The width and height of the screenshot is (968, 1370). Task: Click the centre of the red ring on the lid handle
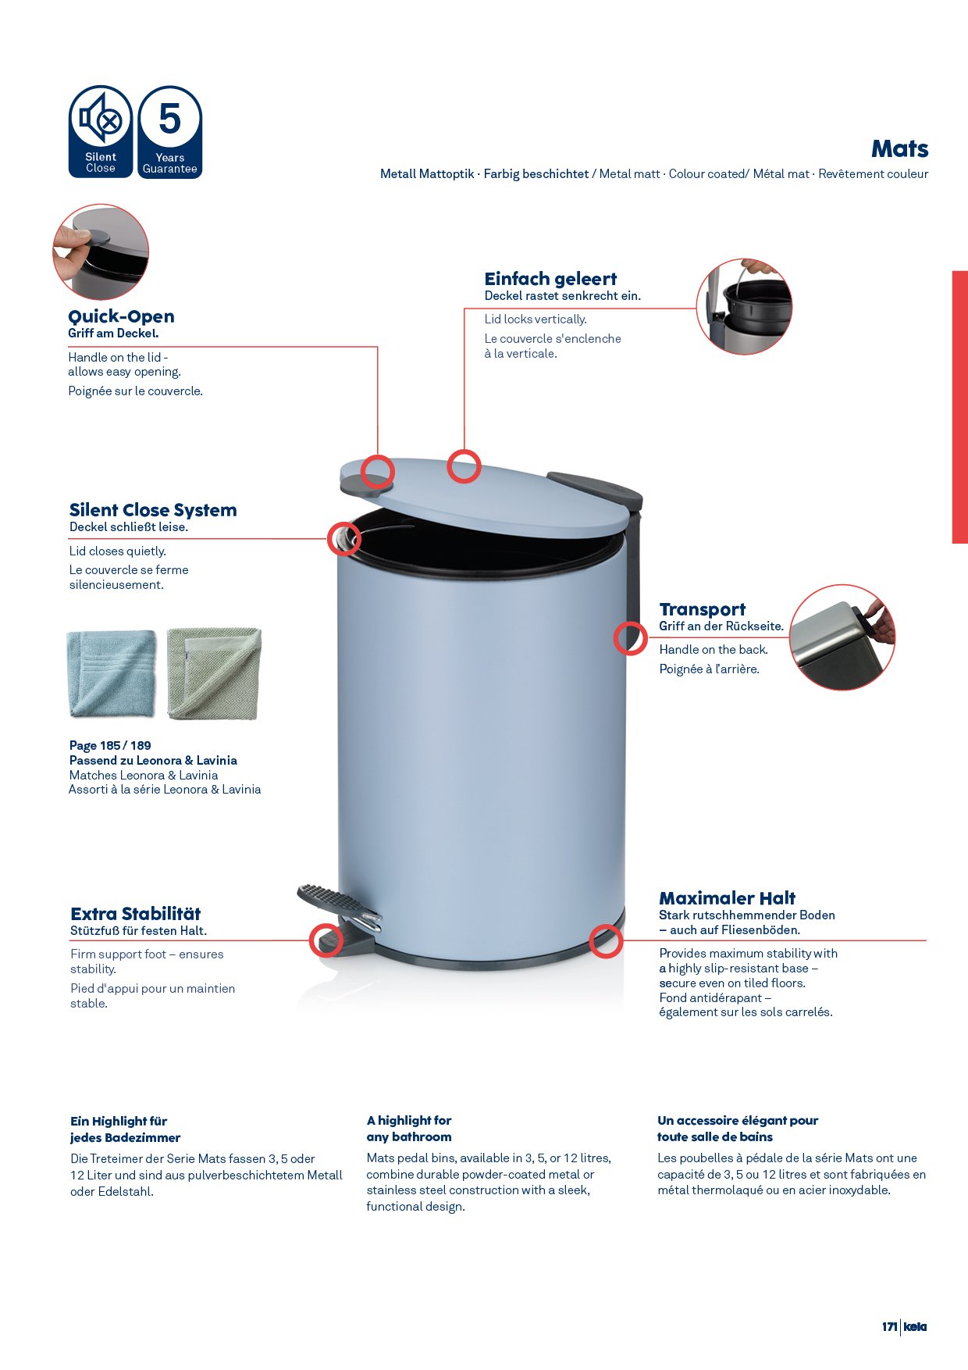coord(377,472)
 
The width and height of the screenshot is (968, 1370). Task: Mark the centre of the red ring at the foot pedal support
coord(326,940)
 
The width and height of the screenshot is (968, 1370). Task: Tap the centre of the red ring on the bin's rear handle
coord(630,637)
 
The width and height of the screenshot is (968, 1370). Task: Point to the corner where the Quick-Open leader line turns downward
coord(378,347)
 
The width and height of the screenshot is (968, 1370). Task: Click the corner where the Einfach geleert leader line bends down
coord(464,309)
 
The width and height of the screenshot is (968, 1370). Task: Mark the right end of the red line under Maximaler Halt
coord(927,940)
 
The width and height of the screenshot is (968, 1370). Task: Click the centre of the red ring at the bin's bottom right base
coord(606,941)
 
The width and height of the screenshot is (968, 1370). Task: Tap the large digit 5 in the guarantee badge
coord(169,119)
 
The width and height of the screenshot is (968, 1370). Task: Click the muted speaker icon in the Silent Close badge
coord(101,120)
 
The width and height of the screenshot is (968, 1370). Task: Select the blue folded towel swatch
coord(112,674)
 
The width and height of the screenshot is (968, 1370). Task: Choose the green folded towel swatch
coord(214,673)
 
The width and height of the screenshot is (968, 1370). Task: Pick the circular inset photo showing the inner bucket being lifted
coord(744,306)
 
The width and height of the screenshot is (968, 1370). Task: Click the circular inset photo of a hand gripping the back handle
coord(842,637)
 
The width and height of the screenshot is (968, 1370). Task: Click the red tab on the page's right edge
coord(960,407)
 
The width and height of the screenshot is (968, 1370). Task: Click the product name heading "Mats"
coord(899,148)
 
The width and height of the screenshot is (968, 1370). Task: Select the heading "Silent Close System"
coord(153,510)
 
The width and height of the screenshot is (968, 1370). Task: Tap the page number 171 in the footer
coord(890,1326)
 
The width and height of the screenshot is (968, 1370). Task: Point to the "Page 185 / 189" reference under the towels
coord(110,745)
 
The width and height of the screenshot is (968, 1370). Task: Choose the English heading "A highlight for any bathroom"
coord(409,1129)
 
